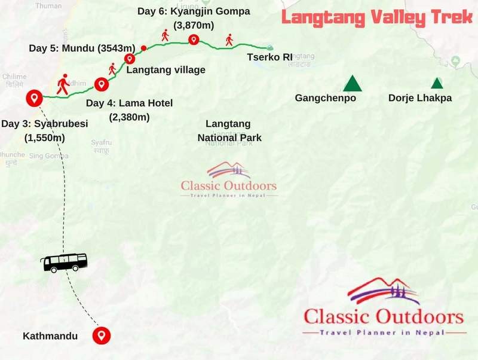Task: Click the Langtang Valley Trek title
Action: click(x=377, y=17)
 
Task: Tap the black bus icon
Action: click(x=64, y=262)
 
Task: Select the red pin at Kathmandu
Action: click(x=102, y=335)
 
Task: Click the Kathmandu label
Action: click(x=50, y=336)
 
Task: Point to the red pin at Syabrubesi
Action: click(x=33, y=97)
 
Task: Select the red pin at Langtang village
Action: click(x=130, y=59)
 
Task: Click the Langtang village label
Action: click(x=166, y=70)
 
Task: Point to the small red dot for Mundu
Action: click(x=143, y=47)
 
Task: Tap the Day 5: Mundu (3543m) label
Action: click(x=82, y=47)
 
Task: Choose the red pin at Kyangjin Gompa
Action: click(x=193, y=39)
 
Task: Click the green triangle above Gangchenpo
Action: click(x=353, y=83)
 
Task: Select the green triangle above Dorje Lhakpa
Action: click(x=437, y=84)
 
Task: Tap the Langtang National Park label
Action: click(x=229, y=130)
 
